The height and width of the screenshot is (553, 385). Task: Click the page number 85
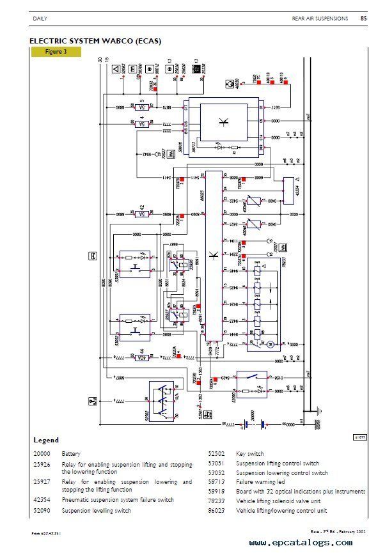363,19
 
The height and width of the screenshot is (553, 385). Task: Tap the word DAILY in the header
40,19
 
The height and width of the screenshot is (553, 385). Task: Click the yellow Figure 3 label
56,52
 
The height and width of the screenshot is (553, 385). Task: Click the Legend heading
46,440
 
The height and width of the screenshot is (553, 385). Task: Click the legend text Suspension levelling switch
96,511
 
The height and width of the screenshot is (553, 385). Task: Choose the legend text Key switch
250,453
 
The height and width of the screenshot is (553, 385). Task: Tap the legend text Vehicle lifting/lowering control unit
281,511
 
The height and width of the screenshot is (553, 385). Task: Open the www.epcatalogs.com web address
300,543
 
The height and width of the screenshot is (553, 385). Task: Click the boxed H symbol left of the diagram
93,256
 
